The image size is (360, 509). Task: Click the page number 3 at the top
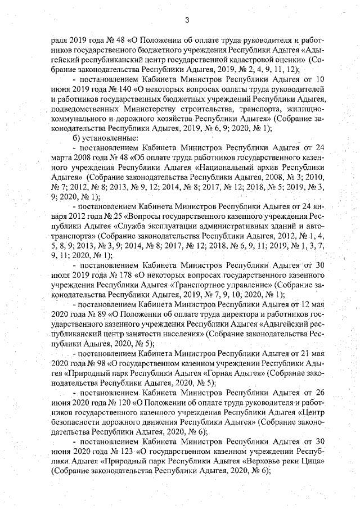(185, 21)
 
